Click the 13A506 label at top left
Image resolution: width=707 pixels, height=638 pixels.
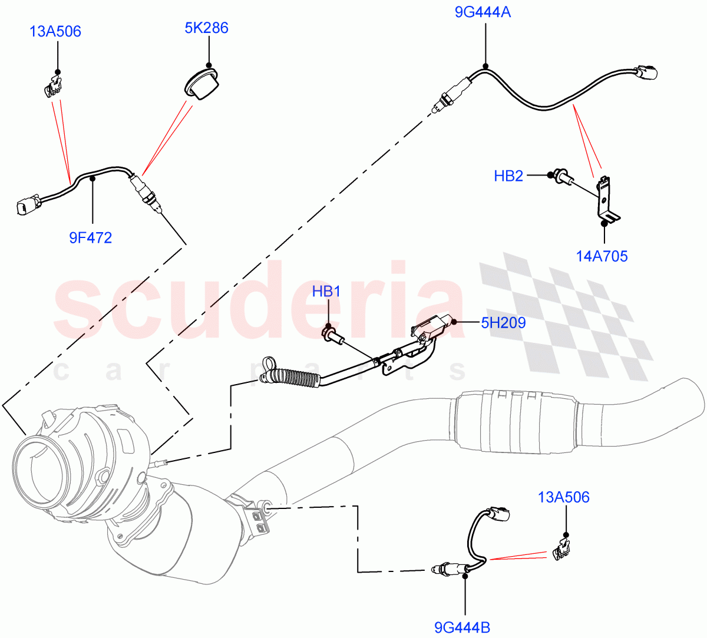(x=55, y=31)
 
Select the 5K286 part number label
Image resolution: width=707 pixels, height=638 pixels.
(x=206, y=28)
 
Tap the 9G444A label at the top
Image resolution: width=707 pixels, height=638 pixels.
(x=483, y=11)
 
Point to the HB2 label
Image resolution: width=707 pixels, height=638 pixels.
(x=508, y=176)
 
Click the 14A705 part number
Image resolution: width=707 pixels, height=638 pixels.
(x=602, y=256)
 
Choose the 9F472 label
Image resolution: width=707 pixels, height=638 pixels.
(x=90, y=237)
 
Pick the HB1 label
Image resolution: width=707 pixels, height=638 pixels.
(x=326, y=291)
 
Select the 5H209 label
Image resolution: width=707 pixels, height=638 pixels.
(x=503, y=322)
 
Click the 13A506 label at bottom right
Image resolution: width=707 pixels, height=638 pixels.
(x=563, y=497)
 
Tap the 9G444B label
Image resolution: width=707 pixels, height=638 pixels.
(x=462, y=627)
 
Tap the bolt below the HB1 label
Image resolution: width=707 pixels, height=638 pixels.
(x=331, y=336)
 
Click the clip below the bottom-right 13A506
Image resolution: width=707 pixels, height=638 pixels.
(x=562, y=550)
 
